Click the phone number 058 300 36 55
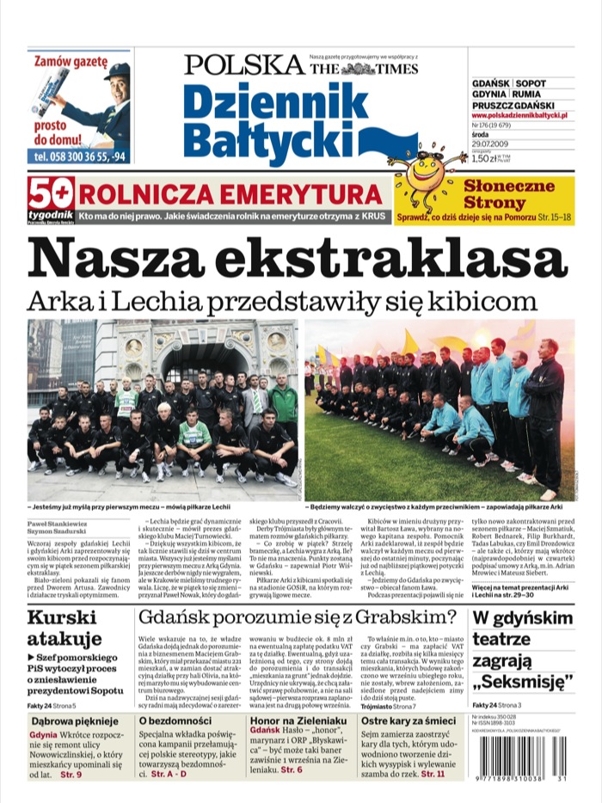tap(73, 156)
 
